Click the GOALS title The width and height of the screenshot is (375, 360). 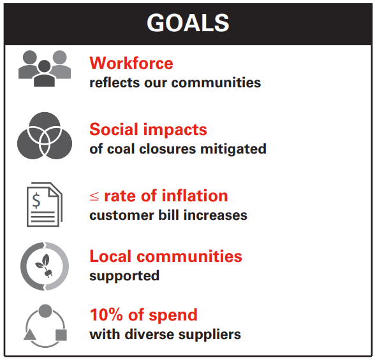coord(188,23)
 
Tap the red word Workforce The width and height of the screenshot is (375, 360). coord(131,63)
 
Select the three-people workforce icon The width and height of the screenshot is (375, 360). coord(45,68)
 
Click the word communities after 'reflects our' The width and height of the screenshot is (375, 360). coord(216,83)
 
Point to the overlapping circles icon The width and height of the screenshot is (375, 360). coord(45,136)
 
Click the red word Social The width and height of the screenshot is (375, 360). coord(114,129)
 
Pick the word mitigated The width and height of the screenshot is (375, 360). coord(233,149)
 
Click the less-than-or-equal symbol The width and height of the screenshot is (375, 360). coord(94,196)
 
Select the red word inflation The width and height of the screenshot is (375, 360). coord(195,196)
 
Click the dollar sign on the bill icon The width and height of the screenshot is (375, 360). coord(36,201)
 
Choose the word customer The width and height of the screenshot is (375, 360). coord(122,215)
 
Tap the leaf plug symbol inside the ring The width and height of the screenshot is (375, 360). coord(45,266)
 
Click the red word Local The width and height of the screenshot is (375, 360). coord(111,256)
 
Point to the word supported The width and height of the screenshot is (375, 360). coord(124,276)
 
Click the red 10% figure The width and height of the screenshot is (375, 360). coord(107,315)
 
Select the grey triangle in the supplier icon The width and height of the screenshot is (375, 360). coord(30,335)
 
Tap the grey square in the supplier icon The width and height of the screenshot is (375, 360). coord(61,335)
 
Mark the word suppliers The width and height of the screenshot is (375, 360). coord(210,335)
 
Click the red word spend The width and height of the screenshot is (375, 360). coord(173,315)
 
